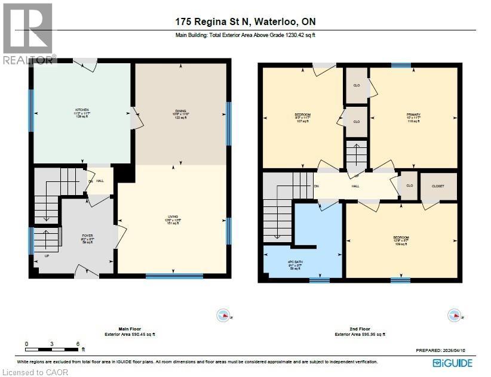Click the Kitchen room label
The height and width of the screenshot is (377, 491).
(82, 113)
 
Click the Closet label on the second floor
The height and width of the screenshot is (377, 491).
(438, 187)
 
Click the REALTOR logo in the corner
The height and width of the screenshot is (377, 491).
(28, 33)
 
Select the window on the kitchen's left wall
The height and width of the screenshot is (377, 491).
(31, 105)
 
